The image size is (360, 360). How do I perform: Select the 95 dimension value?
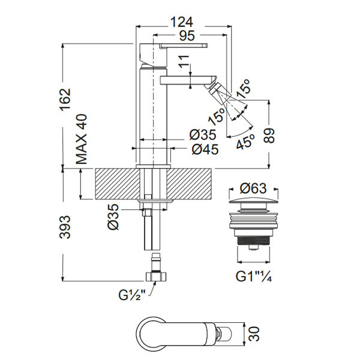[x=186, y=35]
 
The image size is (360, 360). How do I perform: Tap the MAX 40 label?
[x=82, y=140]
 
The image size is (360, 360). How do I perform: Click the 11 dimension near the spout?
[x=184, y=62]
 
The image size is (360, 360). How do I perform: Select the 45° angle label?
[x=245, y=141]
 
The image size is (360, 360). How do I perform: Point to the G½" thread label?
[x=133, y=295]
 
